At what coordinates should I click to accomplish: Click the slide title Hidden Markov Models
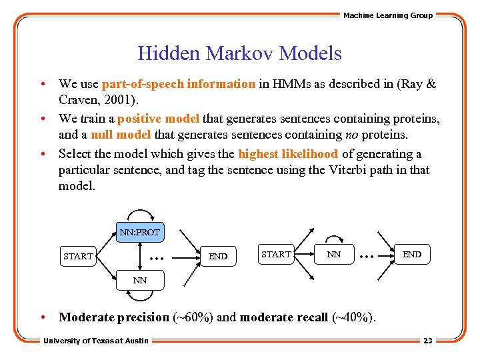[239, 53]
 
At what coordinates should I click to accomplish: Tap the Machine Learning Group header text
[387, 15]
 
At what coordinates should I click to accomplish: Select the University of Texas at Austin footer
[96, 341]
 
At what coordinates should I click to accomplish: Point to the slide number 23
[427, 341]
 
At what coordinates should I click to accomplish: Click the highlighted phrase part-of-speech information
[178, 85]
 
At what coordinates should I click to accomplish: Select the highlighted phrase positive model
[158, 119]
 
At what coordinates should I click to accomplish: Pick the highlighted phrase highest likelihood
[288, 154]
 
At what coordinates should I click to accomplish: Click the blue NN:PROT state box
[139, 232]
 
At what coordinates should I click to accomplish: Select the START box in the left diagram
[78, 256]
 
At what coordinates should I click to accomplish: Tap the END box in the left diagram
[218, 256]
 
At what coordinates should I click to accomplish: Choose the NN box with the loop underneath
[139, 280]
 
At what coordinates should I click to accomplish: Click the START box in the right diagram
[276, 254]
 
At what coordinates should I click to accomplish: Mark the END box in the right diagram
[411, 254]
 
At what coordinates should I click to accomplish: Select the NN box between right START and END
[334, 254]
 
